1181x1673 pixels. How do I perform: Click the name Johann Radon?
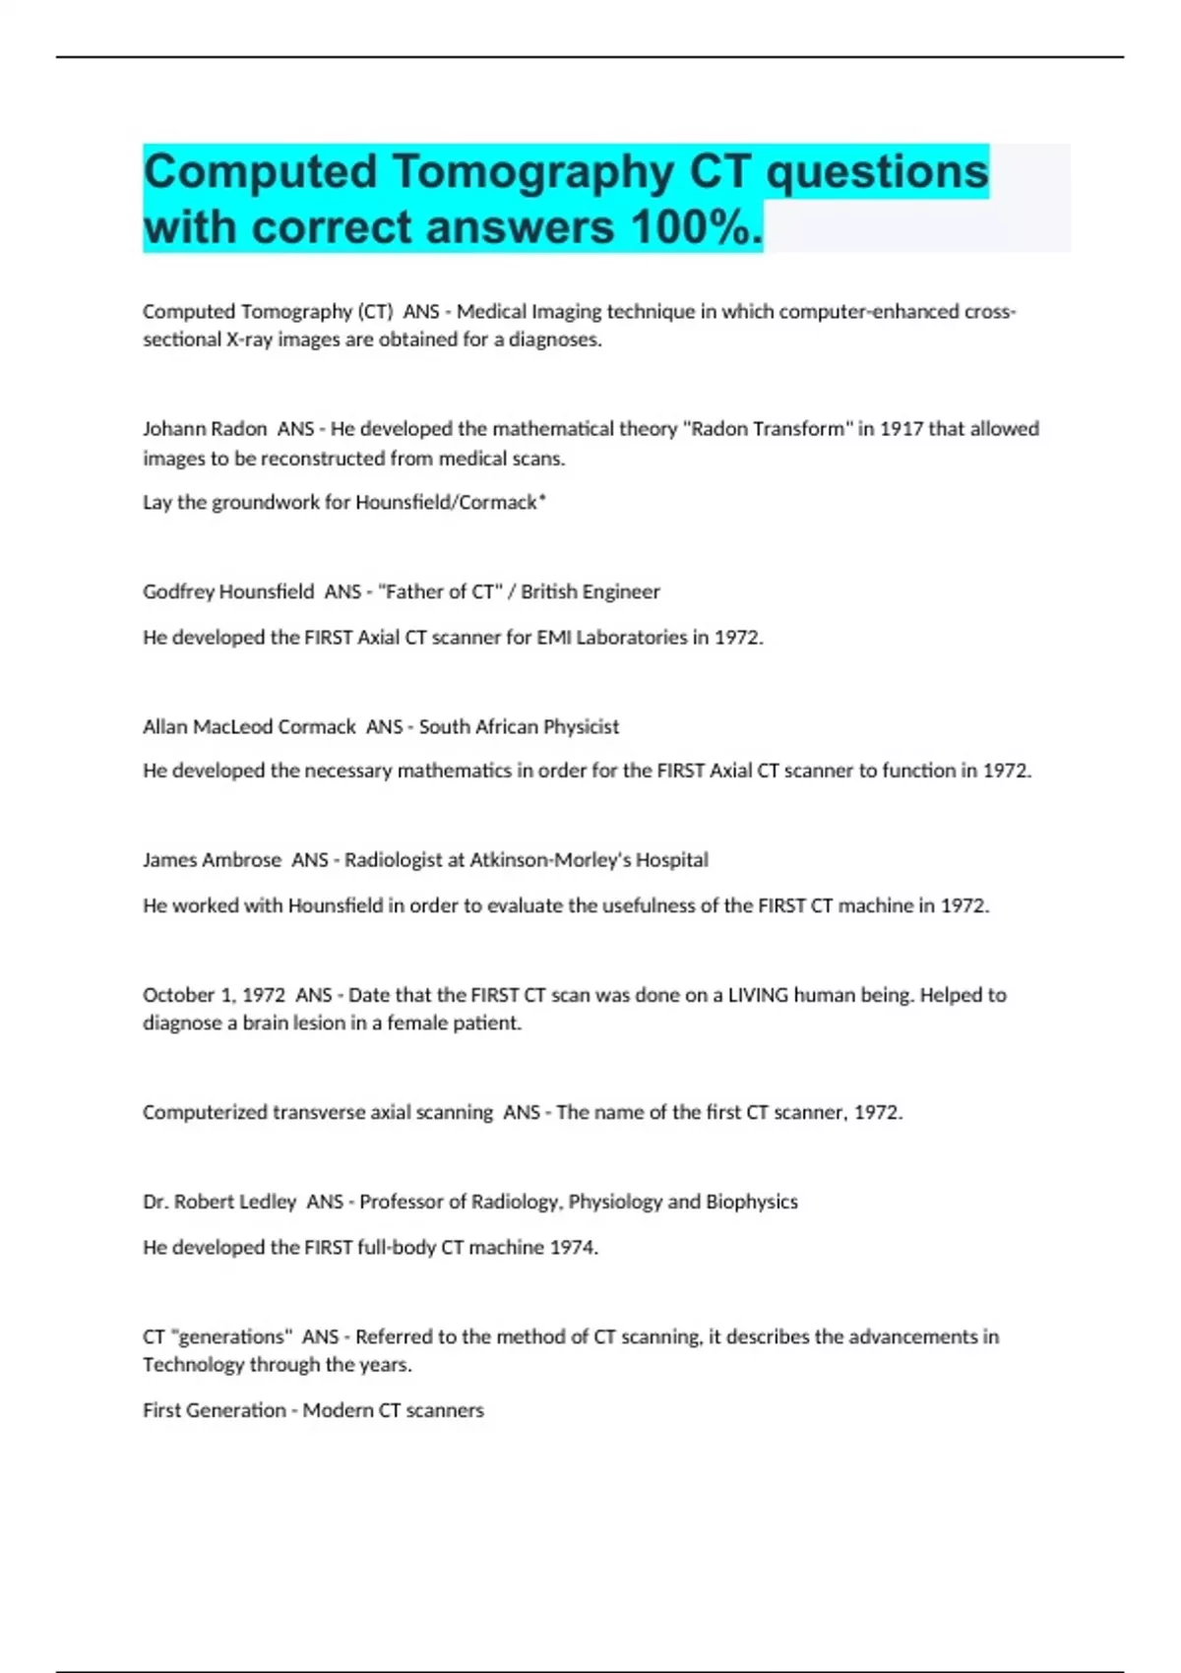coord(205,429)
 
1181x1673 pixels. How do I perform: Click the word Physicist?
coord(582,726)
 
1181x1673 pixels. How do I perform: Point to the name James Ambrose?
coord(212,860)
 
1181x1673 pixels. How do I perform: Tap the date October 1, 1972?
coord(215,995)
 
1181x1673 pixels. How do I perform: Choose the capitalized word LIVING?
coord(758,995)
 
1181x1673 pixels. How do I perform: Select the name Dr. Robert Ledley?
coord(219,1202)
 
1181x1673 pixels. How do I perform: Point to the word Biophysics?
coord(752,1202)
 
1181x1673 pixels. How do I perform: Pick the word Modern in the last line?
coord(338,1410)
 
